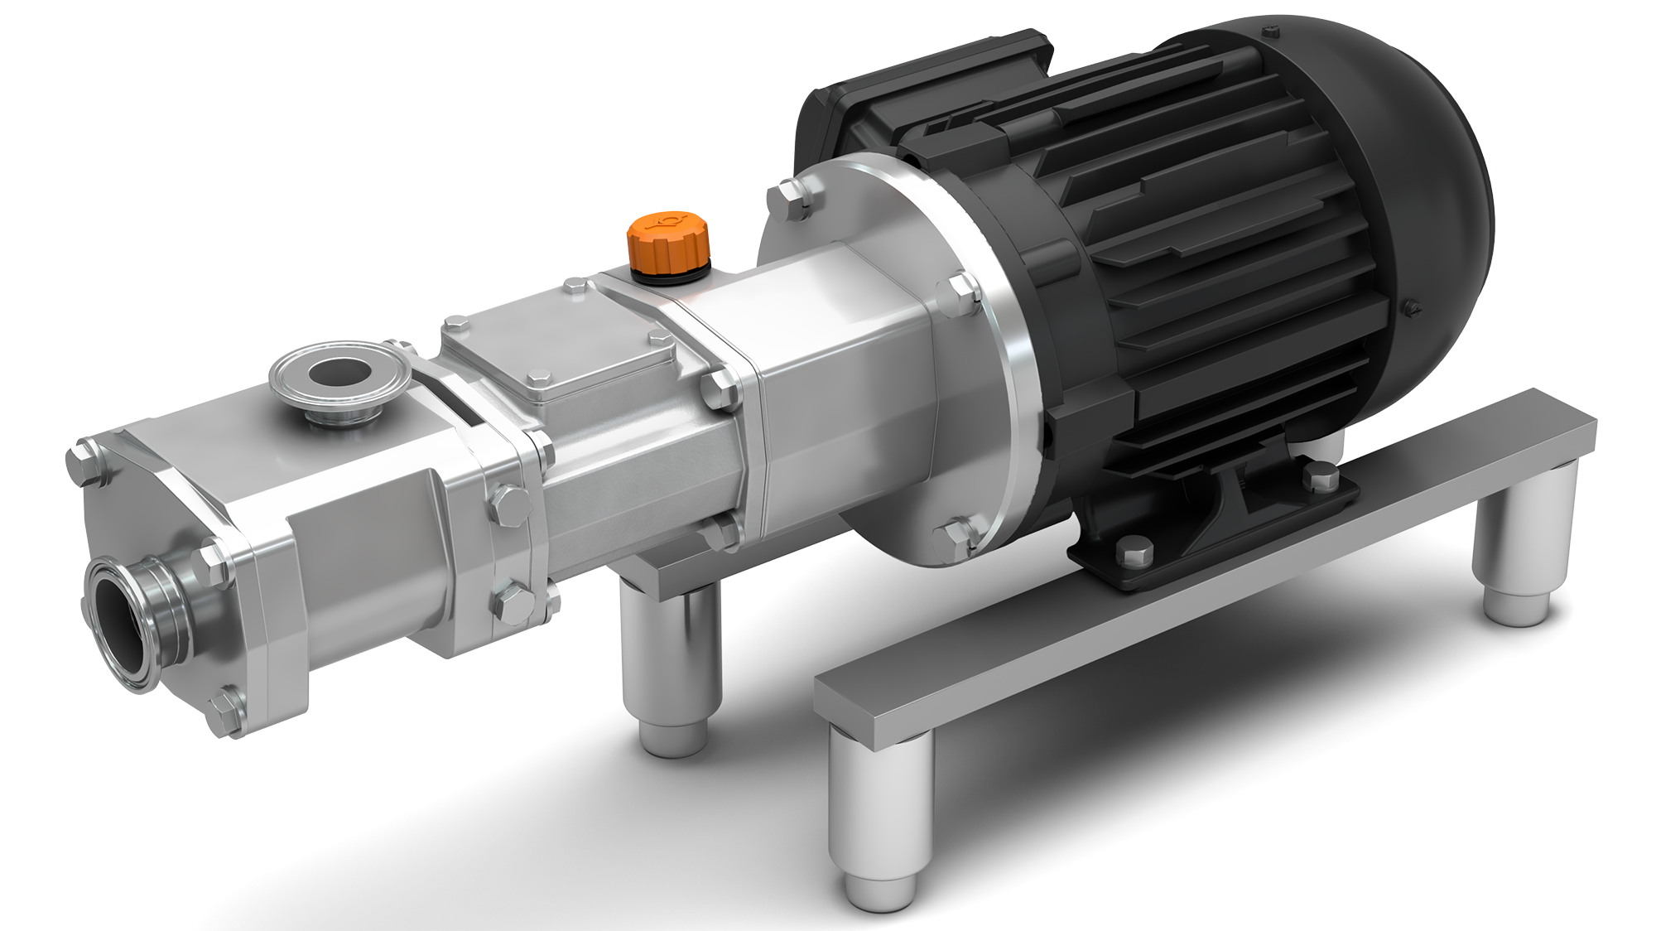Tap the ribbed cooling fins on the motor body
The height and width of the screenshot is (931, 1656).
tap(1201, 248)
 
